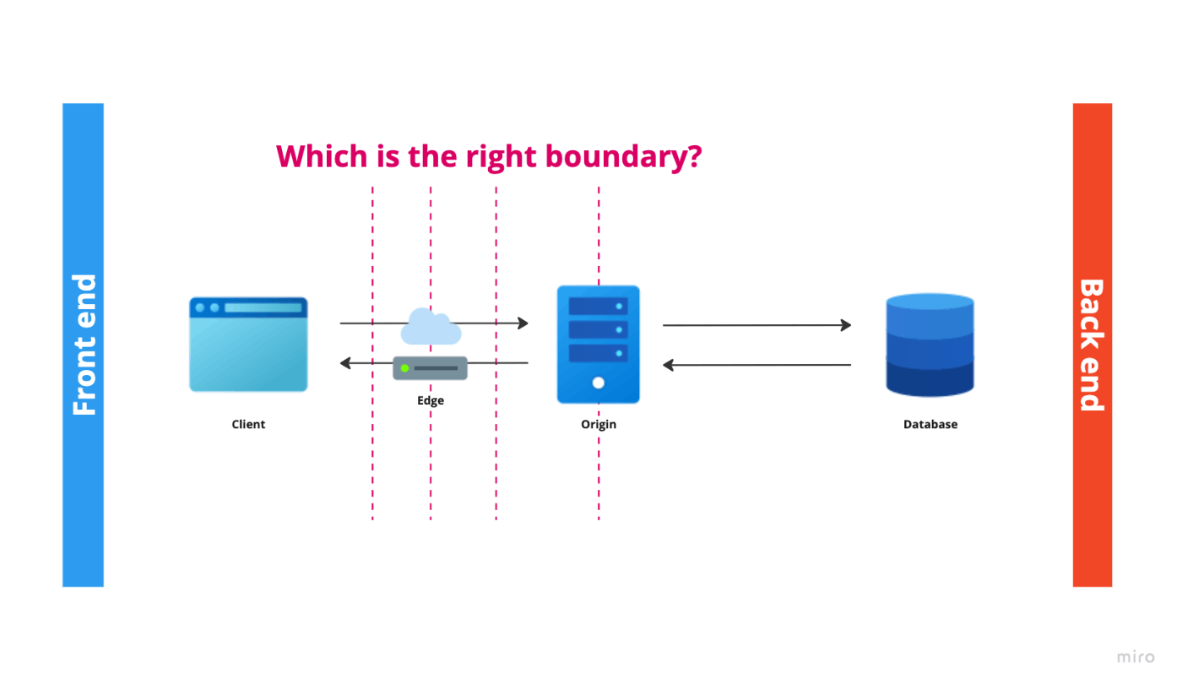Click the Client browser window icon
click(x=248, y=345)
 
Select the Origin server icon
click(x=599, y=345)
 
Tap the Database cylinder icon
click(x=930, y=345)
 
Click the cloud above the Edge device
click(x=431, y=326)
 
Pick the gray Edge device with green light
click(x=430, y=368)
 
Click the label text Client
click(x=248, y=425)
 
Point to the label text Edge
click(x=431, y=400)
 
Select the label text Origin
click(x=599, y=425)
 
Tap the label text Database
click(x=930, y=425)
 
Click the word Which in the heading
click(x=322, y=156)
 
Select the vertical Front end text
click(x=84, y=345)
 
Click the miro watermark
click(x=1136, y=657)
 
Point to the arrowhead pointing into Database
click(x=846, y=324)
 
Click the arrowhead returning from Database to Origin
click(x=668, y=365)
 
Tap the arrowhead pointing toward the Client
click(x=345, y=363)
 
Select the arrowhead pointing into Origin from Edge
click(x=523, y=323)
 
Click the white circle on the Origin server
click(x=598, y=383)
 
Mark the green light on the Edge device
click(x=404, y=368)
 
